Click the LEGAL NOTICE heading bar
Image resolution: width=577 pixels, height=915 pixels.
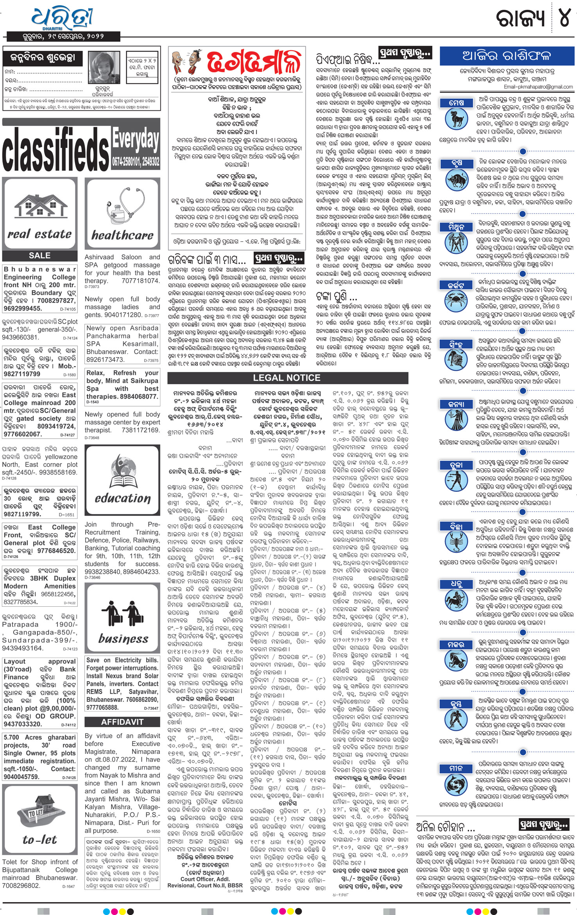pos(287,378)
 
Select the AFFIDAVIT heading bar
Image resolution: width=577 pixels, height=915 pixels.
pos(122,722)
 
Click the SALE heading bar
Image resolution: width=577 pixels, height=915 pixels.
pos(39,256)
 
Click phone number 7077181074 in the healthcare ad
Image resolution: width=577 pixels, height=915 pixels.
pos(141,281)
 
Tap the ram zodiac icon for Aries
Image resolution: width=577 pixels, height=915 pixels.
pos(457,119)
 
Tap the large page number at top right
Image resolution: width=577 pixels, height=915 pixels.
pos(564,18)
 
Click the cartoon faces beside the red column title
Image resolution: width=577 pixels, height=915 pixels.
pos(186,60)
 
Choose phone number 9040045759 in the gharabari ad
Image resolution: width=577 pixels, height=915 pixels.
pos(22,777)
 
